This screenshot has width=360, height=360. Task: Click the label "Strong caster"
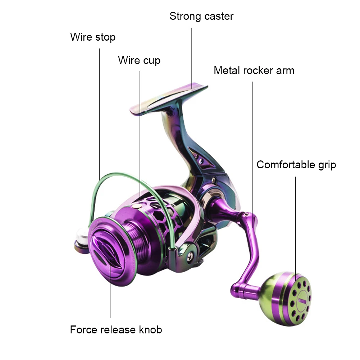(x=201, y=17)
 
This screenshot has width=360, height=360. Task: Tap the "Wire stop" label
(x=93, y=37)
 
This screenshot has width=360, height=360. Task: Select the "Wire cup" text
(x=139, y=60)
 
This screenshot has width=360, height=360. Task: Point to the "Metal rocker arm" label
(x=254, y=70)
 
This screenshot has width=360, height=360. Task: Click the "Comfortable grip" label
(x=296, y=165)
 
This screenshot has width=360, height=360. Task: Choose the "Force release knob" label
(x=116, y=329)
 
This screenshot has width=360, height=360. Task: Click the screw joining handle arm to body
(x=246, y=215)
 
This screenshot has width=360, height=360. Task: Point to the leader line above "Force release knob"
(x=110, y=288)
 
